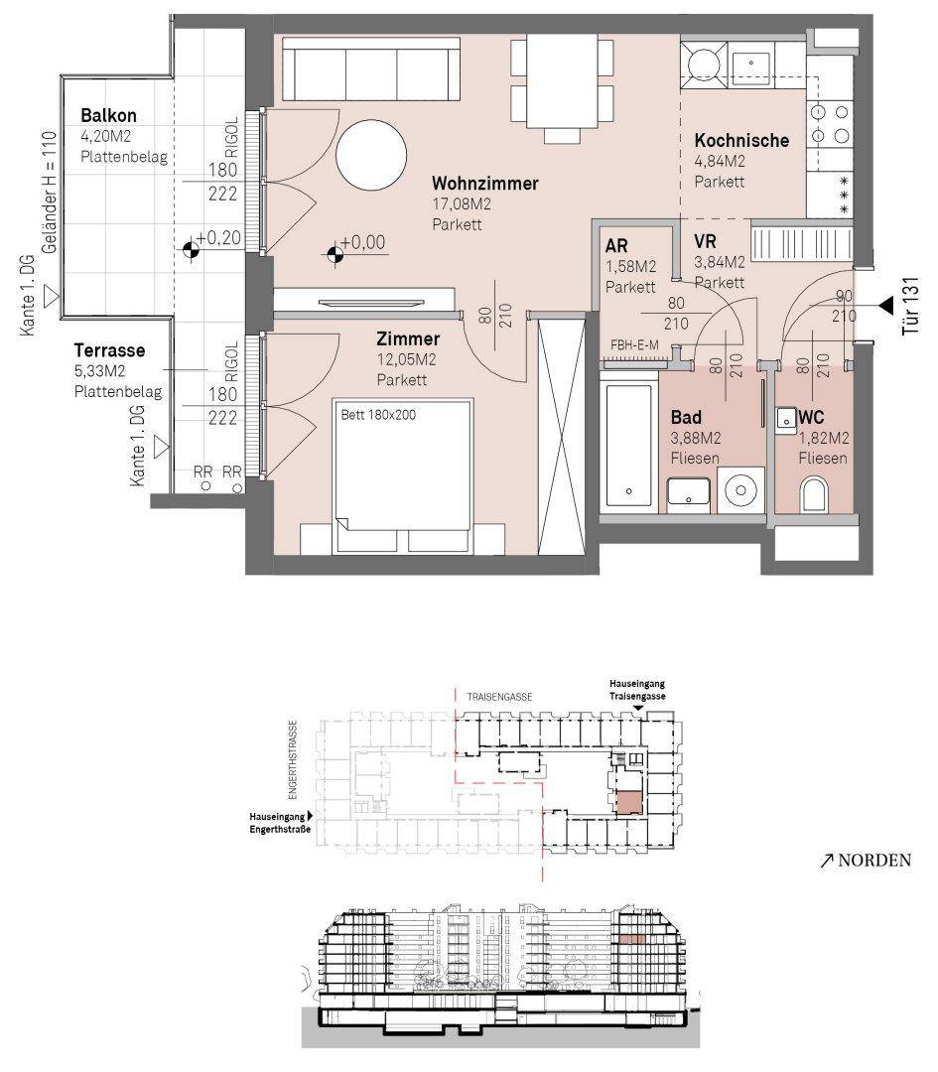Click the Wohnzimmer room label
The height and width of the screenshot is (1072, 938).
(x=484, y=184)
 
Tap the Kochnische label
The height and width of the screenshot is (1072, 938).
(x=741, y=140)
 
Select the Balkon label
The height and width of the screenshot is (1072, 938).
(x=108, y=115)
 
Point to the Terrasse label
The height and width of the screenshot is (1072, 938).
(x=109, y=350)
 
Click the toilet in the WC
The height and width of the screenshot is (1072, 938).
(x=813, y=493)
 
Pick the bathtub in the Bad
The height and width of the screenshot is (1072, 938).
(x=628, y=445)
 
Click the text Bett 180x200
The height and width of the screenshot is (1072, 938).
(x=378, y=414)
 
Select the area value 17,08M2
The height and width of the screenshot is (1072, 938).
(x=462, y=203)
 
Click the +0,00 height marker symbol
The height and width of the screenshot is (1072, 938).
(x=335, y=255)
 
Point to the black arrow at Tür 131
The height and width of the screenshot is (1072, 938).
(x=885, y=305)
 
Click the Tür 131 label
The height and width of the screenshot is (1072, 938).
(x=910, y=306)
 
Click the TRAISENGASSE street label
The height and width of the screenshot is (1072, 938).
(x=499, y=697)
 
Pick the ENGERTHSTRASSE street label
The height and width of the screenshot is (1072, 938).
(x=293, y=759)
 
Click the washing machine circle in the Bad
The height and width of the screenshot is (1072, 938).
(x=740, y=489)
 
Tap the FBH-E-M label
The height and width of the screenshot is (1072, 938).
(x=634, y=345)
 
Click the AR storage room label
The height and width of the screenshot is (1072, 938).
(x=616, y=245)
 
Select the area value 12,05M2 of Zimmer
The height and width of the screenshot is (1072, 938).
(x=406, y=359)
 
